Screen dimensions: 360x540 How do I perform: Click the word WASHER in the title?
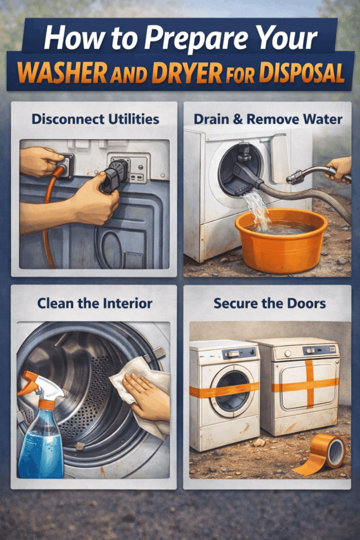tap(62, 73)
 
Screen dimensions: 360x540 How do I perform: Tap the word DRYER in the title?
tap(187, 73)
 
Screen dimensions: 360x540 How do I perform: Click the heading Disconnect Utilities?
tap(95, 119)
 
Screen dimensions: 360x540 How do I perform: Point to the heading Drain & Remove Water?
tap(268, 119)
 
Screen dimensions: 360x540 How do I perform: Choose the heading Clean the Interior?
tap(95, 303)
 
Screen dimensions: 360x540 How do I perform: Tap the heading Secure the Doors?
tap(269, 303)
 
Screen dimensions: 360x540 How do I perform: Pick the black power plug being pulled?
tap(115, 175)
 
